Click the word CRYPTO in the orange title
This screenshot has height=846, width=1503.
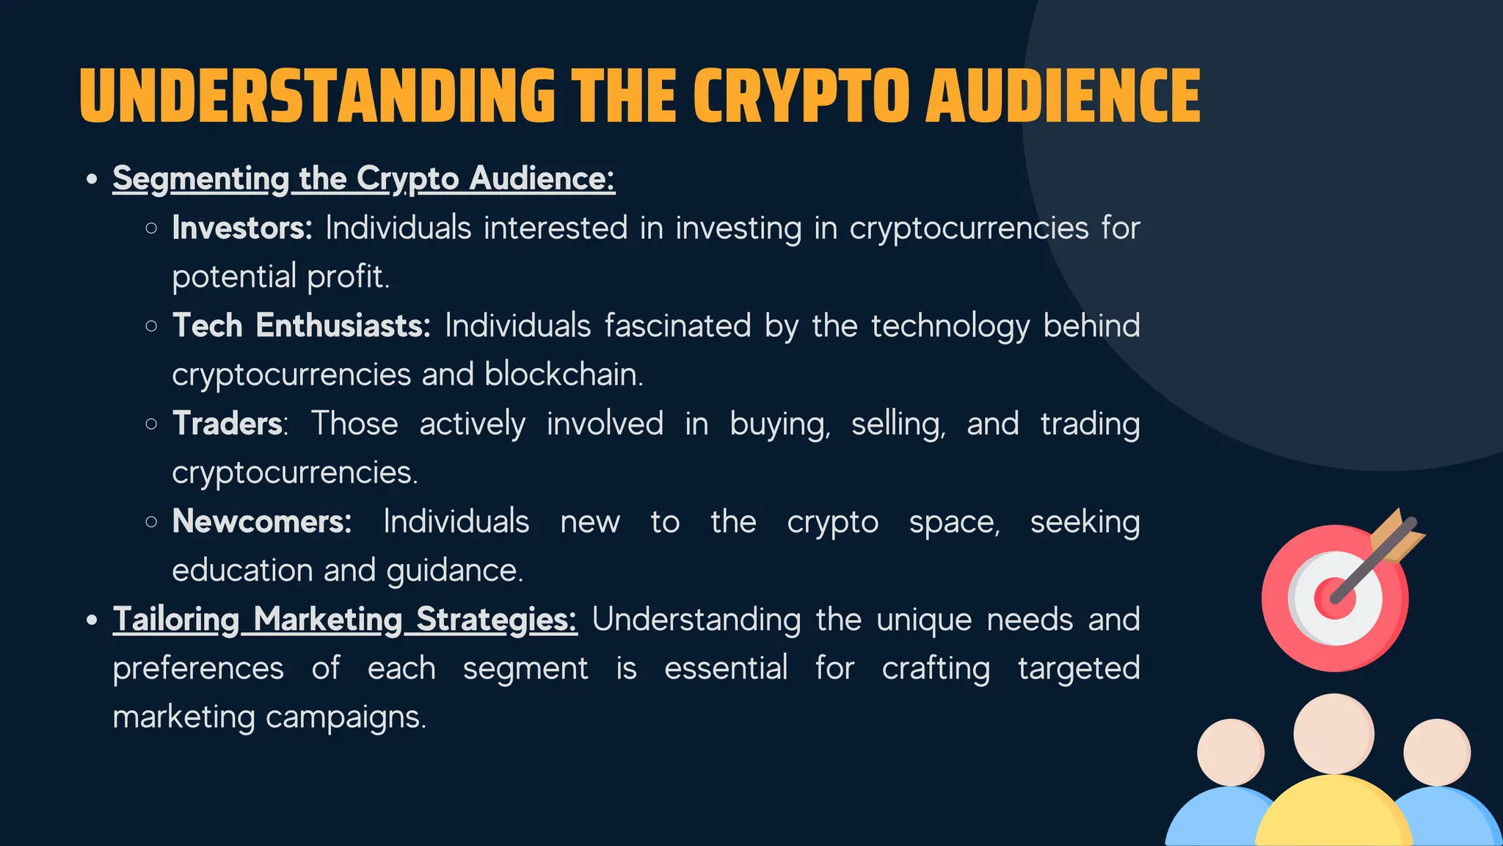click(801, 96)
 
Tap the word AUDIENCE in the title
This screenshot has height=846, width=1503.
click(1063, 96)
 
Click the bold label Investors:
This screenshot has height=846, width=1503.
click(242, 228)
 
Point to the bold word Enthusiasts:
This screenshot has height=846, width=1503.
click(343, 325)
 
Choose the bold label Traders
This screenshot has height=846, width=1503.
click(228, 424)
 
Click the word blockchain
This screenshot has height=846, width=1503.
click(563, 375)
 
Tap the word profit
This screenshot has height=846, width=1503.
click(348, 277)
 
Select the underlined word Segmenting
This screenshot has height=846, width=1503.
click(200, 179)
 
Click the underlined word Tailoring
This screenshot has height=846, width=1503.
click(176, 620)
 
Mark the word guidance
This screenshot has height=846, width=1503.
click(454, 571)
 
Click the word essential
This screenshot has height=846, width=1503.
click(726, 668)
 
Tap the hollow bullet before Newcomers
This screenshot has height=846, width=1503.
click(151, 522)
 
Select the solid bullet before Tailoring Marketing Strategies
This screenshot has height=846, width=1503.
click(92, 620)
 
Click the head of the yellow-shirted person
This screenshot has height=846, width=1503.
click(1333, 734)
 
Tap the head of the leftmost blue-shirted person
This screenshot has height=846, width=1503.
click(1231, 752)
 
